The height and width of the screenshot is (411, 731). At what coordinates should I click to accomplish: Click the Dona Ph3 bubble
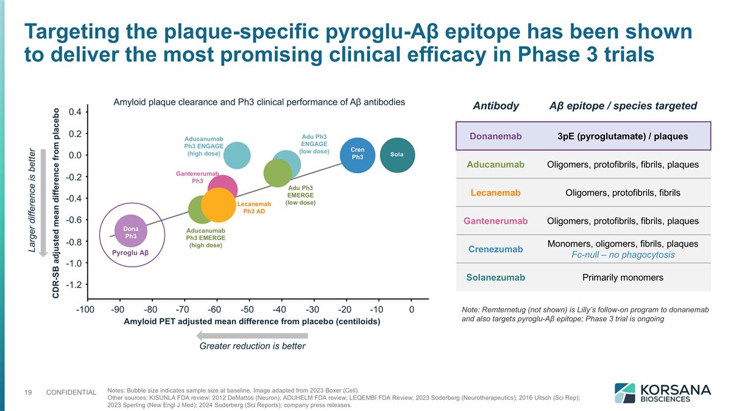(130, 231)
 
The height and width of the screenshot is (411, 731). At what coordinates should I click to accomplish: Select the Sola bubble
(397, 155)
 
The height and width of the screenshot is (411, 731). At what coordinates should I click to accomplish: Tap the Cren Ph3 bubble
(358, 154)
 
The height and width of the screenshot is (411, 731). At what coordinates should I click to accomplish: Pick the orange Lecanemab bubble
(217, 205)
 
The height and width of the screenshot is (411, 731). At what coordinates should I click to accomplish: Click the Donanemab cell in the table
(495, 136)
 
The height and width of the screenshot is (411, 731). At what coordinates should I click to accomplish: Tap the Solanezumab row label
(495, 278)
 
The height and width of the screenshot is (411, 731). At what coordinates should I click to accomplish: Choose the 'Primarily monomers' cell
(623, 278)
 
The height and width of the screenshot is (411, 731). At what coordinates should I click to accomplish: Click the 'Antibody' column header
(495, 106)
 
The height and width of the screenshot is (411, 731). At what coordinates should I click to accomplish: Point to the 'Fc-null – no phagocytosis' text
(623, 255)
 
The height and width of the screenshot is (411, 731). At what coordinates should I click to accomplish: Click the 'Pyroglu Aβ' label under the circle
(130, 253)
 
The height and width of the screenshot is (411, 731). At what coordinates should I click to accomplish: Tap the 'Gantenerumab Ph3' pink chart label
(197, 177)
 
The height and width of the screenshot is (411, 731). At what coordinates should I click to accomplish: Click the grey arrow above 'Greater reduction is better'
(252, 335)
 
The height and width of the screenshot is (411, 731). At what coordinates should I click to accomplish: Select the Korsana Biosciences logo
(662, 393)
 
